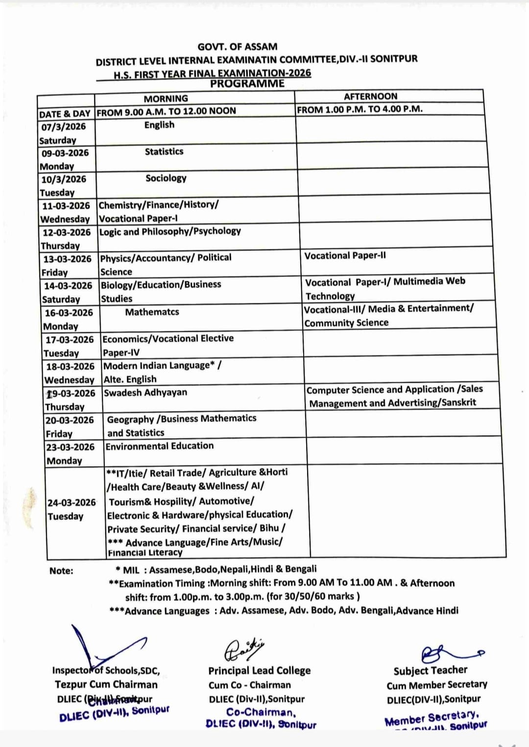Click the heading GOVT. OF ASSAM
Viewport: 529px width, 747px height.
[237, 47]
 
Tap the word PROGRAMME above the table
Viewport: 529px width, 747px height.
[247, 84]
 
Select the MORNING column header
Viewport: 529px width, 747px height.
[166, 99]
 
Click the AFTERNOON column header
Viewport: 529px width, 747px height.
[370, 97]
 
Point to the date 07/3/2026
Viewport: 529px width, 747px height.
[64, 127]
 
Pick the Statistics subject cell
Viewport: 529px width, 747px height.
[164, 152]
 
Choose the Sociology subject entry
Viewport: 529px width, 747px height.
[166, 178]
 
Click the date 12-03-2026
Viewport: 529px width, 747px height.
[67, 232]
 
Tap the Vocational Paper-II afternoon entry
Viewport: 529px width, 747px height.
[345, 256]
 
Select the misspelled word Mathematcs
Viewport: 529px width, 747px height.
[152, 312]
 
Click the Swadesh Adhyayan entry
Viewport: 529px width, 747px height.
[145, 393]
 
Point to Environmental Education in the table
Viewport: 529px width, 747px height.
[160, 446]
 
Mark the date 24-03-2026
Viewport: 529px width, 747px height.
[72, 503]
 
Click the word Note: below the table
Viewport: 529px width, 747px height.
[61, 571]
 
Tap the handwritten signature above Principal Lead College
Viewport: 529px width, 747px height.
[243, 650]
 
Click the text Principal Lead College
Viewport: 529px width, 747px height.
[259, 671]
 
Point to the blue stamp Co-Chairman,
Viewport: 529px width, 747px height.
[261, 713]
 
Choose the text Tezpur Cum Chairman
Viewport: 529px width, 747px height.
[106, 685]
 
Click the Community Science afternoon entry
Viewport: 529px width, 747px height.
[346, 323]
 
